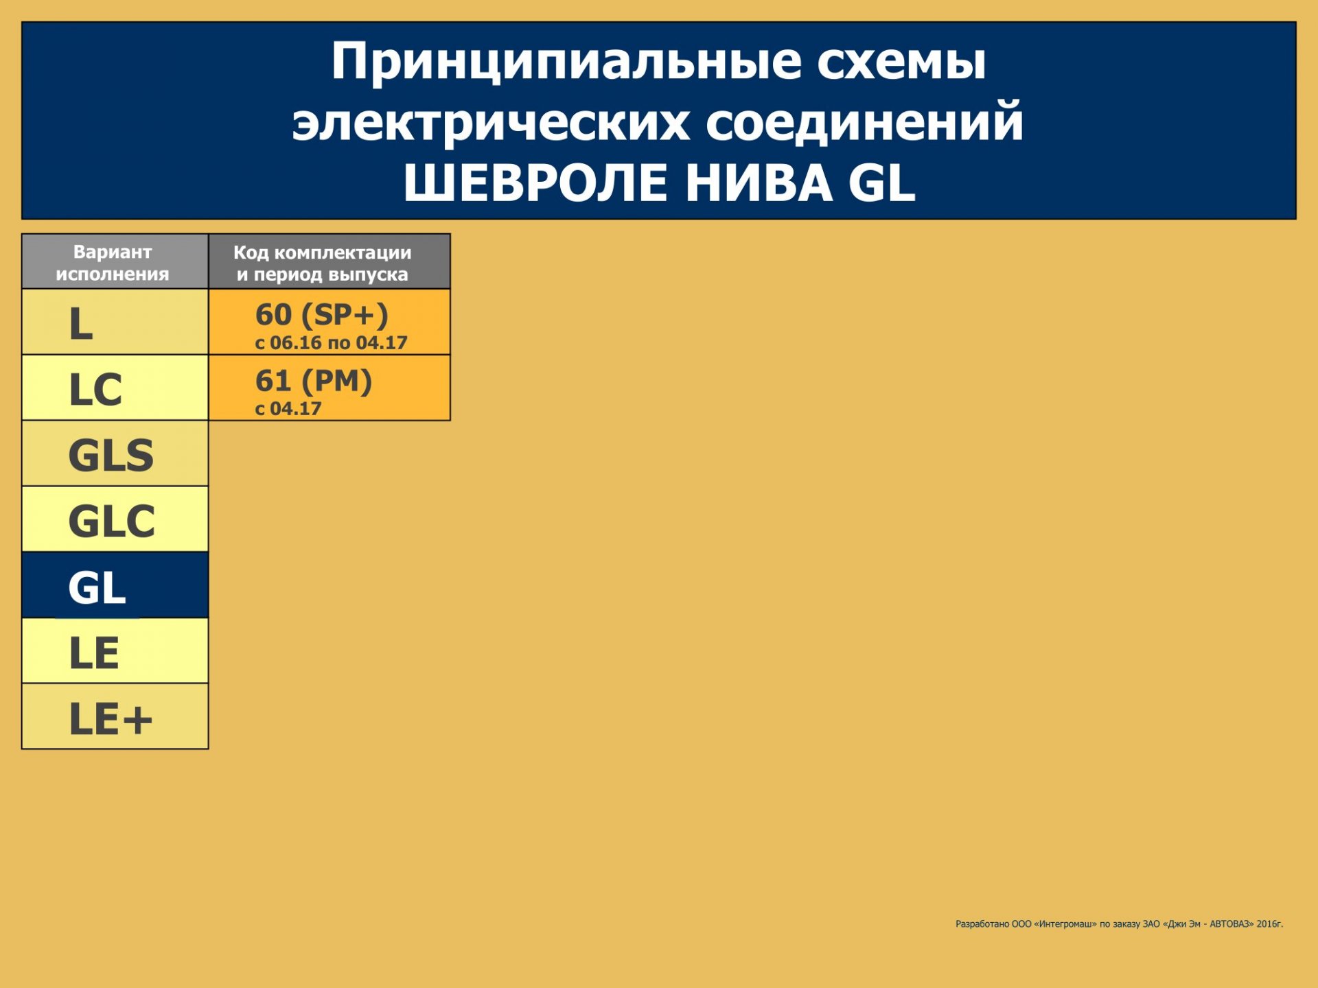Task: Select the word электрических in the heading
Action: point(491,123)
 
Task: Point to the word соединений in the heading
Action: point(865,121)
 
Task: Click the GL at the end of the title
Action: point(882,183)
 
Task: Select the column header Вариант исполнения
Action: point(113,263)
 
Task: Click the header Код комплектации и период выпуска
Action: point(323,263)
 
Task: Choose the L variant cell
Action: point(115,322)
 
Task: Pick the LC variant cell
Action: point(115,388)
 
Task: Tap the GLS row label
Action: point(111,455)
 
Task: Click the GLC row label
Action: point(112,521)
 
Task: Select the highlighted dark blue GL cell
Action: point(115,585)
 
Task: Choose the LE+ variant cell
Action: point(115,716)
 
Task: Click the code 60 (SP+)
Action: point(322,314)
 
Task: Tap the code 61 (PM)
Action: point(314,380)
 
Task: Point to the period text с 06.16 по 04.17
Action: point(331,342)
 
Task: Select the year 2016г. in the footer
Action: point(1270,924)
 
